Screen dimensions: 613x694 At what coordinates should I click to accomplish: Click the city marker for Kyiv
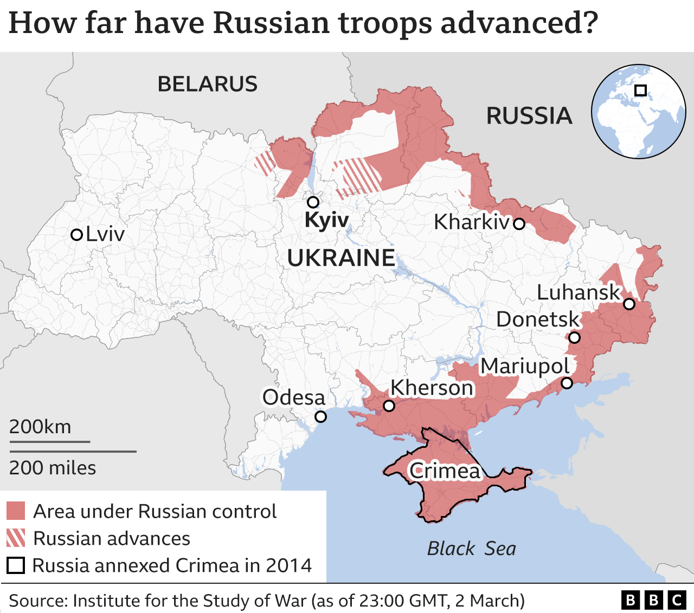[x=313, y=203]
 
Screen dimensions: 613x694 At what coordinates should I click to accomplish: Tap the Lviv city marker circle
[x=77, y=234]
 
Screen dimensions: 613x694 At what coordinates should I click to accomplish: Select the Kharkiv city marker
[x=519, y=224]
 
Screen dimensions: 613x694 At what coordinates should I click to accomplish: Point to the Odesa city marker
[x=320, y=416]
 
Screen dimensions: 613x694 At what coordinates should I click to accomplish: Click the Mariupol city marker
[x=567, y=383]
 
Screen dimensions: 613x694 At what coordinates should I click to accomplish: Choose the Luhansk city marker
[x=629, y=304]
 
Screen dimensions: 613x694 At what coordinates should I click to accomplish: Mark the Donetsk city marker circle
[x=574, y=338]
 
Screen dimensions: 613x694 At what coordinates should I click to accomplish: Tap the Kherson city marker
[x=389, y=406]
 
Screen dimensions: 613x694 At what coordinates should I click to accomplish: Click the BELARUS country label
[x=208, y=84]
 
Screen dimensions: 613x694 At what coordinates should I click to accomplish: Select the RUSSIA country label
[x=529, y=116]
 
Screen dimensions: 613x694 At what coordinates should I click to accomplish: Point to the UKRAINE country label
[x=341, y=258]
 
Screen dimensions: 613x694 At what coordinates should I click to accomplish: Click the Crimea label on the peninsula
[x=445, y=471]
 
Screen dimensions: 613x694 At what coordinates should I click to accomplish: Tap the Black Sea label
[x=471, y=549]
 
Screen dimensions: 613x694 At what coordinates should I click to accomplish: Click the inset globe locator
[x=638, y=112]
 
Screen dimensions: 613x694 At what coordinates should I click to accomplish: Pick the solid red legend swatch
[x=16, y=511]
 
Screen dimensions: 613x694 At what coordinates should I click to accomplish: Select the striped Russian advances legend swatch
[x=16, y=538]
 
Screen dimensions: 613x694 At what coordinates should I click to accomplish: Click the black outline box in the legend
[x=16, y=565]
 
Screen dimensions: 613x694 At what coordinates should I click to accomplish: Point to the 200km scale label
[x=40, y=427]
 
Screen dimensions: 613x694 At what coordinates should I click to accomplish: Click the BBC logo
[x=653, y=600]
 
